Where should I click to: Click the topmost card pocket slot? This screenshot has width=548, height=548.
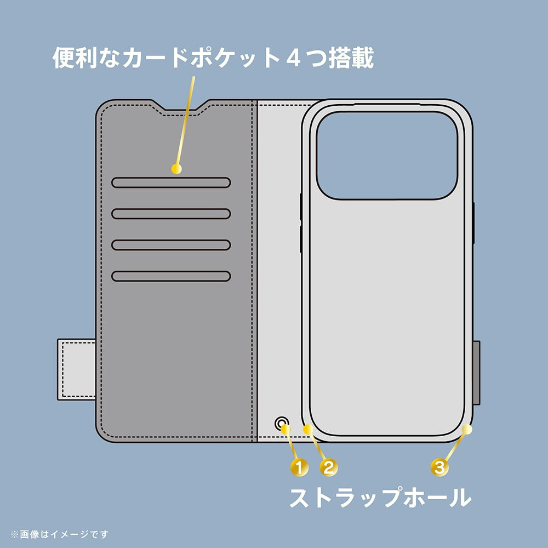point(171,182)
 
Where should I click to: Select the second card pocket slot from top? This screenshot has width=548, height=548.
point(171,214)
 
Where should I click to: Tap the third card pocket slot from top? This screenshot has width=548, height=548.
point(171,244)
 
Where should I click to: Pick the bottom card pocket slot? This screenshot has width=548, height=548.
point(171,276)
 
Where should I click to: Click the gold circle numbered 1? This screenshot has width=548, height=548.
point(299,467)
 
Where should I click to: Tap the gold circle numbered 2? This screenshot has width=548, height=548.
point(328,467)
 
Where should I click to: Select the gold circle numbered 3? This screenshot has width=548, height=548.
point(439,467)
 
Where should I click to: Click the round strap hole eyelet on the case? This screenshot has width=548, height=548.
point(281,424)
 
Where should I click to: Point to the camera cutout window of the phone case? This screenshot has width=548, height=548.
point(387,156)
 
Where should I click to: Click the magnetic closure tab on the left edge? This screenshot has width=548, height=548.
point(77,369)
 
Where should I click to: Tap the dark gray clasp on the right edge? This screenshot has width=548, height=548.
point(476,373)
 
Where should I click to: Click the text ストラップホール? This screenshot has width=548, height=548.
point(380,497)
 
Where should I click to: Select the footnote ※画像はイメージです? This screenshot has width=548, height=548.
point(59,534)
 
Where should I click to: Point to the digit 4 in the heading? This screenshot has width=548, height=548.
point(293,59)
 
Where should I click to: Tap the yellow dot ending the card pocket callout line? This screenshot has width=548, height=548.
point(176,169)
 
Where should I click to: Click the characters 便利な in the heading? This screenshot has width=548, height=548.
point(87,58)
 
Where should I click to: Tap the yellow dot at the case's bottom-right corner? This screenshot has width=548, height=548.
point(467,429)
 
